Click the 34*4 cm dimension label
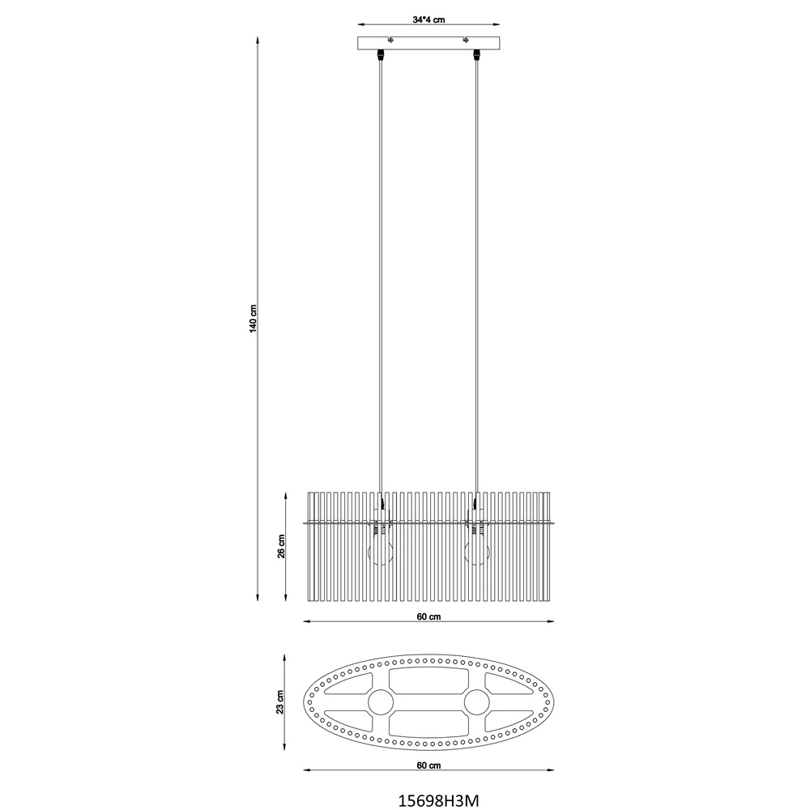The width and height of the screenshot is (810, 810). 428,19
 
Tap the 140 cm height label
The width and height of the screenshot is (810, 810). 253,318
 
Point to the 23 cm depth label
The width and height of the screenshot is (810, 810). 279,702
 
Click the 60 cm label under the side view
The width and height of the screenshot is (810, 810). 428,616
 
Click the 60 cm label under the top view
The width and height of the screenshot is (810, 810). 428,765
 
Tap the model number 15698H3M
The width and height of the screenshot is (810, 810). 438,800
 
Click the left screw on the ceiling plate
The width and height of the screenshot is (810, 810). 391,39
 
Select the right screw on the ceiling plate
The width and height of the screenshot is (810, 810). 466,39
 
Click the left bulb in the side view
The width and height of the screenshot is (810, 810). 380,551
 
